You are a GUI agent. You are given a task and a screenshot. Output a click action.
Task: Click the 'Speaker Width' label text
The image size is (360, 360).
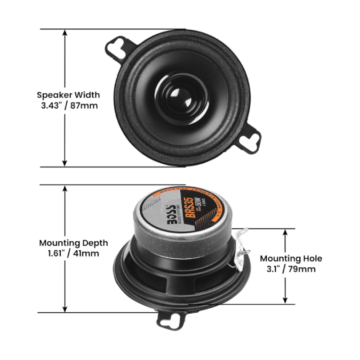click(x=68, y=95)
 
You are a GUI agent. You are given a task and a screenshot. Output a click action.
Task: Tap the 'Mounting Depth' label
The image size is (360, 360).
click(x=73, y=243)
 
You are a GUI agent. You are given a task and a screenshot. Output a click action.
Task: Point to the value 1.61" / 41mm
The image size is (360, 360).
click(x=73, y=253)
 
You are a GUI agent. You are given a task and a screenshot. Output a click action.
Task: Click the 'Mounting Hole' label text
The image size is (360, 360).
click(x=291, y=259)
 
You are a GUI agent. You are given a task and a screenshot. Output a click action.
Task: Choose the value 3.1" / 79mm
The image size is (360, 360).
click(x=291, y=269)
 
